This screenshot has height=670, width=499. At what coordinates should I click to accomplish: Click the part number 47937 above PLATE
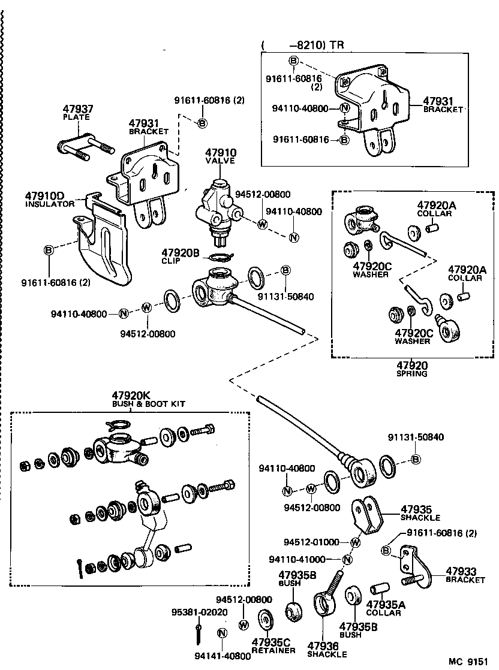tap(78, 109)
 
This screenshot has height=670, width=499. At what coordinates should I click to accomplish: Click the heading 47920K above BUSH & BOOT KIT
tap(131, 396)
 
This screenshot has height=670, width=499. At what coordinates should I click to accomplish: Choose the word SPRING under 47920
tap(411, 373)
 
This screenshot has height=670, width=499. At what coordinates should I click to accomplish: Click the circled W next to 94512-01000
tap(354, 542)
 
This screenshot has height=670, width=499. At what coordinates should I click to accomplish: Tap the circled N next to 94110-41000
tap(347, 560)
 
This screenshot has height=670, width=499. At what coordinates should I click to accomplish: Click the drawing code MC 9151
tap(470, 661)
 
